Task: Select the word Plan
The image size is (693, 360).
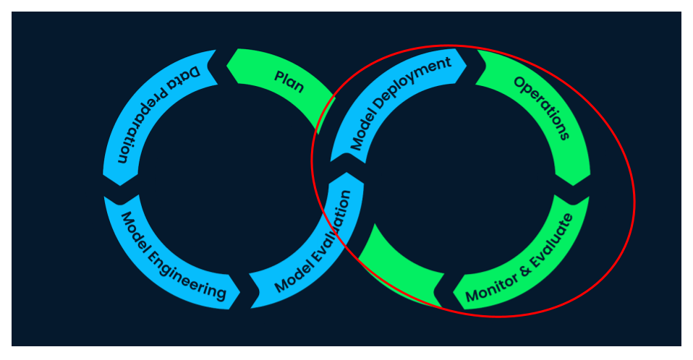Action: click(x=289, y=81)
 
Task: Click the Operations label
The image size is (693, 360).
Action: click(x=542, y=107)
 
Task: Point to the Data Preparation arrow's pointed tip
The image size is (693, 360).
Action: click(x=121, y=186)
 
